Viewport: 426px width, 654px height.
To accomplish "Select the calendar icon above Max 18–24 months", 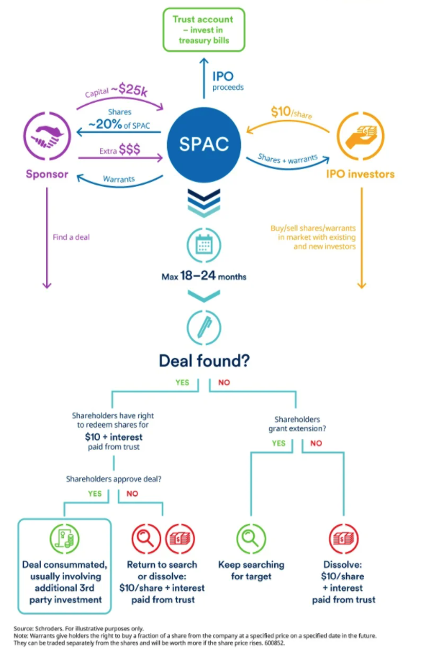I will pyautogui.click(x=204, y=246).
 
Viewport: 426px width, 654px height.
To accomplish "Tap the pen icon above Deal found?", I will pyautogui.click(x=204, y=327).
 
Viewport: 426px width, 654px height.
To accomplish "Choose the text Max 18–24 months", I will pyautogui.click(x=204, y=276).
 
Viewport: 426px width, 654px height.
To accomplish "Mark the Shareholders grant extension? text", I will pyautogui.click(x=297, y=424).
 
